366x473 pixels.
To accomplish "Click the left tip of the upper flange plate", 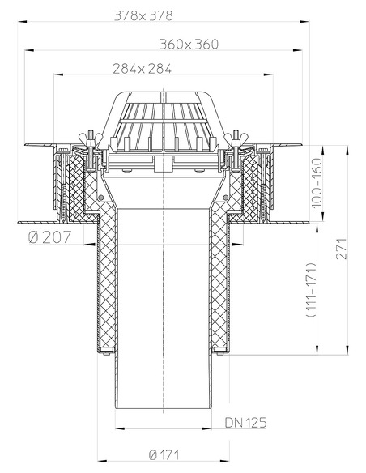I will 25,147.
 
